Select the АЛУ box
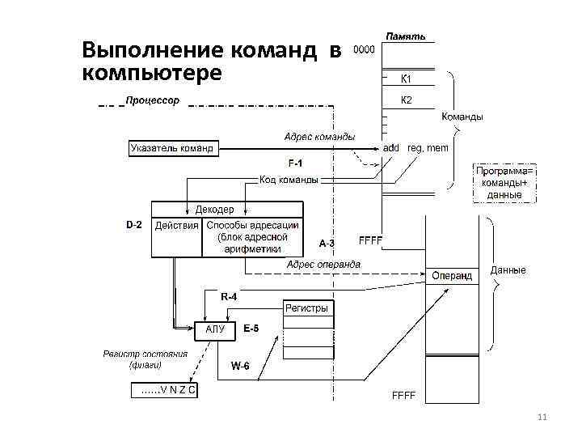[215, 329]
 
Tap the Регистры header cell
[308, 308]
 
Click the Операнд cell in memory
[451, 276]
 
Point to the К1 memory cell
[407, 79]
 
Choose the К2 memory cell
[407, 100]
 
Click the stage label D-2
[134, 224]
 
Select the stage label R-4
[230, 297]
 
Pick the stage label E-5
[251, 329]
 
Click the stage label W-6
[241, 367]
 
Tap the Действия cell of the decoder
[177, 226]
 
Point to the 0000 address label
[364, 49]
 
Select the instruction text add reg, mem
[415, 148]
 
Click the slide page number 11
[542, 417]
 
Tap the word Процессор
[152, 101]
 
